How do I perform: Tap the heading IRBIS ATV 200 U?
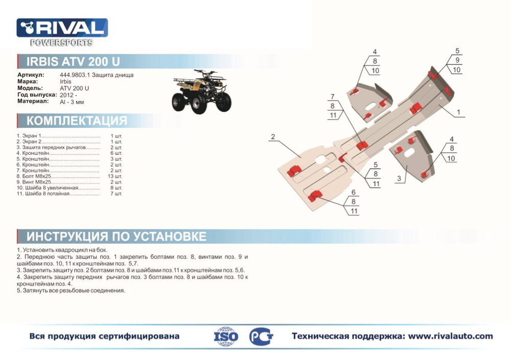coord(74,62)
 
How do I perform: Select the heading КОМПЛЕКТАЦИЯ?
coord(77,121)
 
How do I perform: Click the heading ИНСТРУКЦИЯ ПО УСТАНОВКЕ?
coord(117,236)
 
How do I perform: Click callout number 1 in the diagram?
coord(458,112)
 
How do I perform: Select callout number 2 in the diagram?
coord(273,137)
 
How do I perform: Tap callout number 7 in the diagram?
coord(332,97)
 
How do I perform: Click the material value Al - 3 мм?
coord(72,102)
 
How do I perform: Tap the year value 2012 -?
coord(68,95)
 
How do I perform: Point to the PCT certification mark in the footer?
coord(261,336)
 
